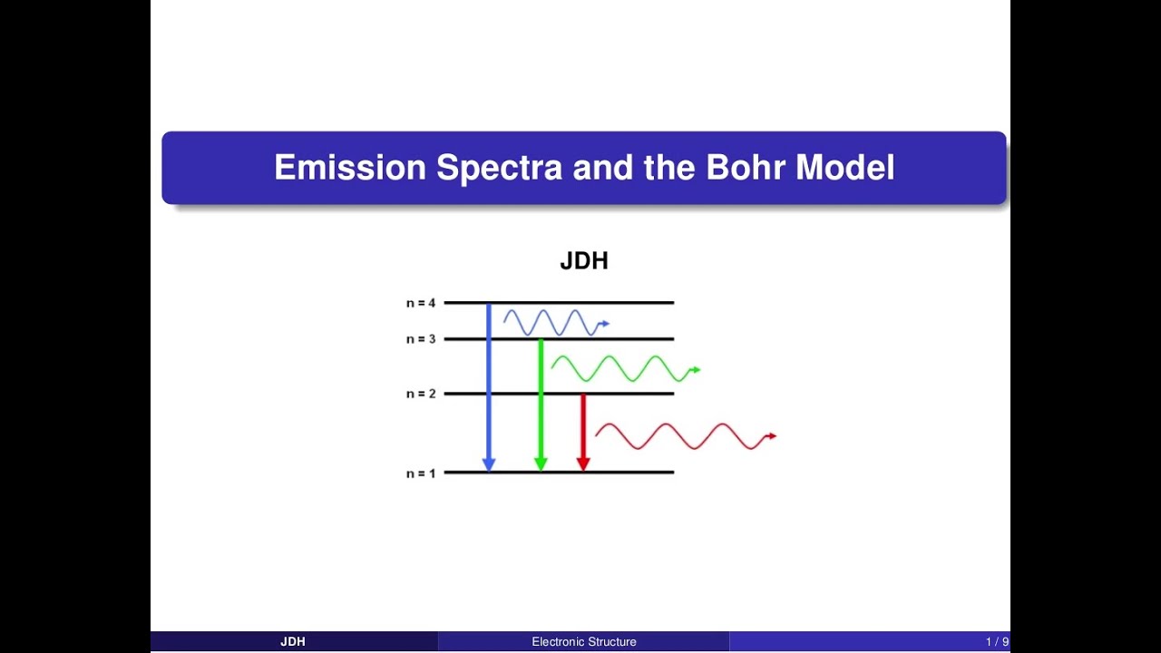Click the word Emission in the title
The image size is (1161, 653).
coord(349,168)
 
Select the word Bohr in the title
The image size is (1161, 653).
coord(746,168)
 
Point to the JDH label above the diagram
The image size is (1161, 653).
coord(584,261)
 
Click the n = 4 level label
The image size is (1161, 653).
coord(421,303)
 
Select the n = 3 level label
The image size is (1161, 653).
coord(421,339)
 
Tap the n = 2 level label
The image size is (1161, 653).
coord(421,394)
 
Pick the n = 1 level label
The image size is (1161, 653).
coord(421,473)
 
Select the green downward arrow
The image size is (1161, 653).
coord(541,404)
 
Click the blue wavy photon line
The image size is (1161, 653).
coord(553,323)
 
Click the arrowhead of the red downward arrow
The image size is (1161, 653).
coord(583,463)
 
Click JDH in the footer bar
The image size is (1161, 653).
coord(293,642)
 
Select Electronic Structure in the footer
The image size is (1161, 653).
coord(584,642)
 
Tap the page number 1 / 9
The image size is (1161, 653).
coord(997,642)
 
